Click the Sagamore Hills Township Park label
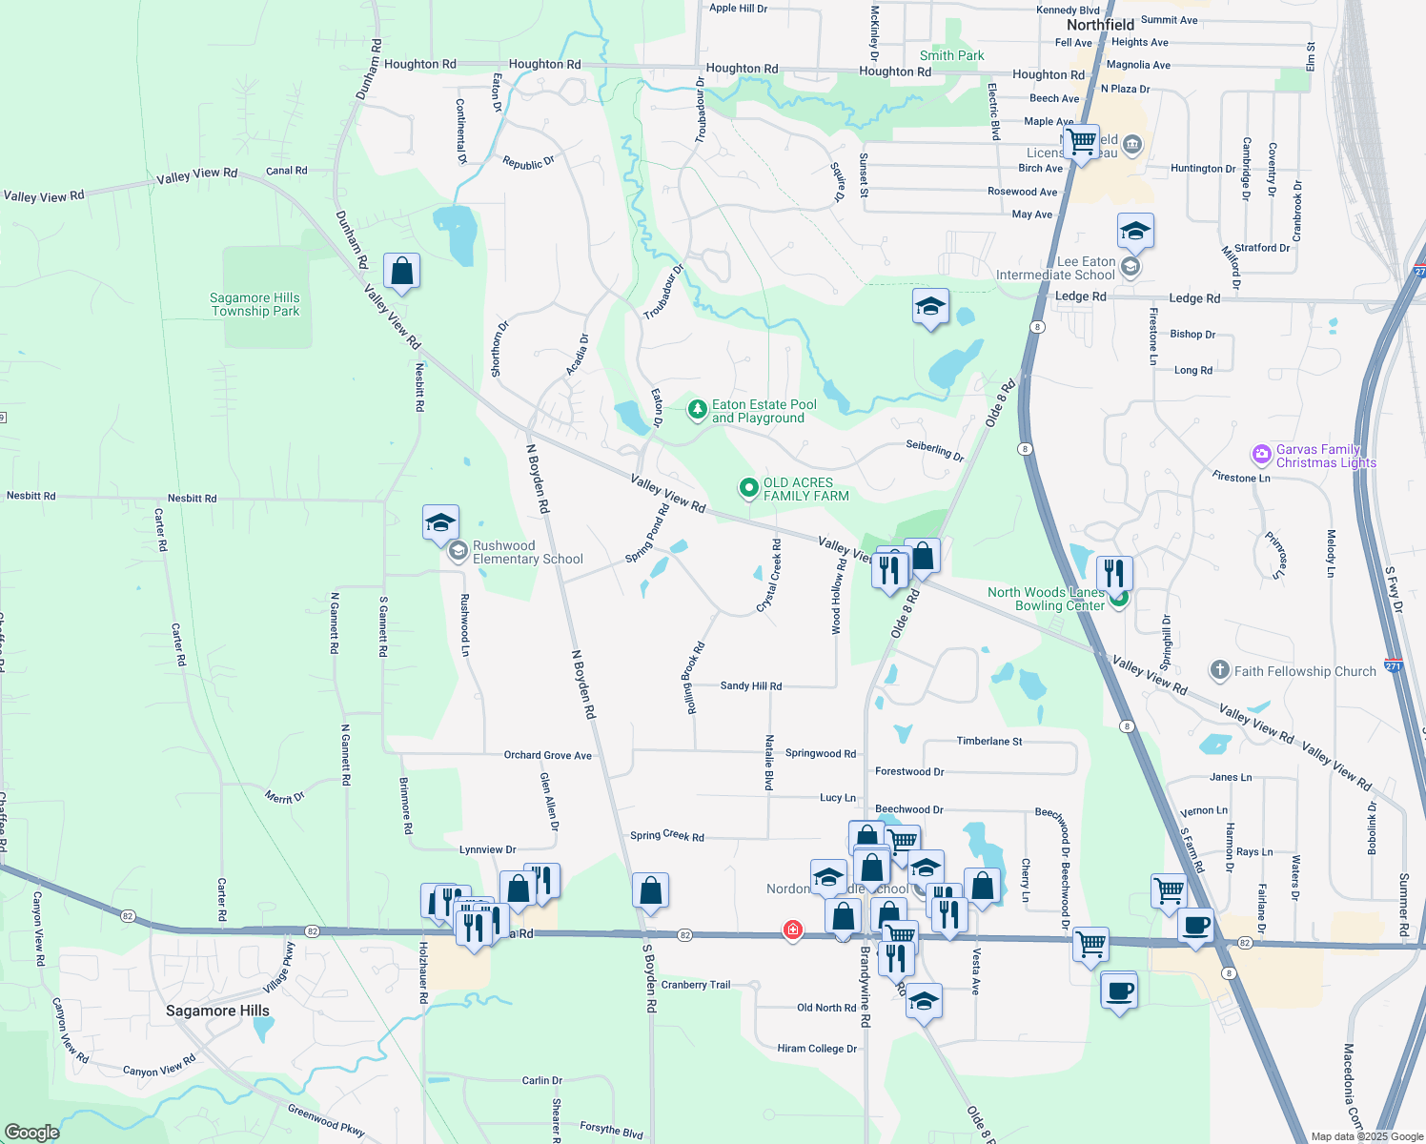tap(255, 304)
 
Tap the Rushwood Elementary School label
tap(527, 553)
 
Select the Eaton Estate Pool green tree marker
tap(698, 410)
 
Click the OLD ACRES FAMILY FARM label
tap(805, 489)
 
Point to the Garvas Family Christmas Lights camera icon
tap(1262, 455)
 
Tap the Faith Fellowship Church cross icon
tap(1219, 670)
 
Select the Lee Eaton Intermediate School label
tap(1055, 268)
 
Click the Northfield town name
tap(1100, 25)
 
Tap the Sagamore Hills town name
tap(217, 1011)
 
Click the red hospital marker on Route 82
tap(792, 929)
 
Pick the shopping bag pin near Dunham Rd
tap(401, 272)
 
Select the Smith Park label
tap(951, 55)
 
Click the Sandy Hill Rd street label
tap(751, 685)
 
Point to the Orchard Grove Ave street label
tap(547, 755)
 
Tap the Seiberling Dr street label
tap(934, 450)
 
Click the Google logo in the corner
tap(31, 1132)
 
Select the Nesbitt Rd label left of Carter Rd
tap(31, 496)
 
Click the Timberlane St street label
tap(989, 741)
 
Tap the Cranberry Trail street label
tap(696, 985)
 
